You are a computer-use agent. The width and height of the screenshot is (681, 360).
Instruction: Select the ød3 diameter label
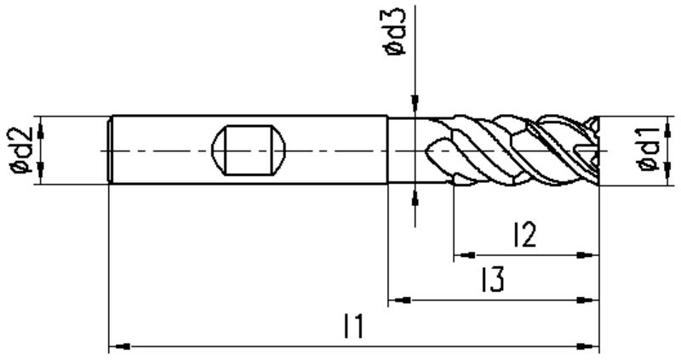394,31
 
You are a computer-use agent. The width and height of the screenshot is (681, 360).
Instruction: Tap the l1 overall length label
353,327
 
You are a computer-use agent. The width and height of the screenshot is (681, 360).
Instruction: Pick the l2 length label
525,235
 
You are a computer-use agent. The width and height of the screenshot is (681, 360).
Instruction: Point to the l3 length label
493,280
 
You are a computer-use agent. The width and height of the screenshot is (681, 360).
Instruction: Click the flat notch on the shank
249,151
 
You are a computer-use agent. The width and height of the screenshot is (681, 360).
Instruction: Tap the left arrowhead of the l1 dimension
119,346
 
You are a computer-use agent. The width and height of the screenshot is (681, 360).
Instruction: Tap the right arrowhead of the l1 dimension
588,346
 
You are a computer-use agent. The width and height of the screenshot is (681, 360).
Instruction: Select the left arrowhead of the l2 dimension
464,255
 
